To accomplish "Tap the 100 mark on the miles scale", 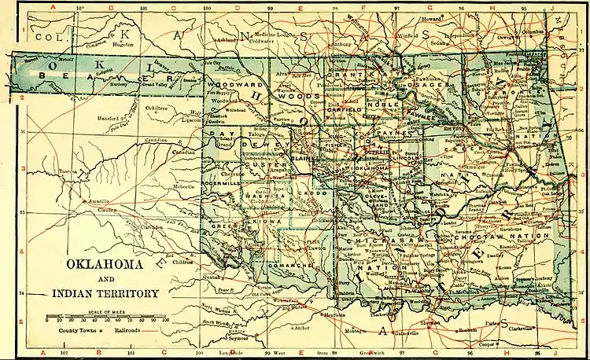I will pos(165,321).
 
